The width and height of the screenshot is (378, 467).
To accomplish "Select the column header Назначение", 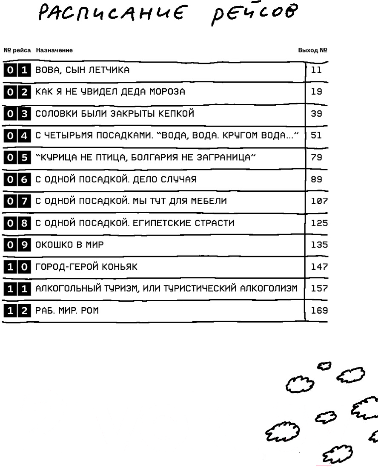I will (x=54, y=50).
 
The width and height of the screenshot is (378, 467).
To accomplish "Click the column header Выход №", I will (x=312, y=50).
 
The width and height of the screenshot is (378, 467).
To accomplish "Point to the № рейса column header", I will (x=17, y=50).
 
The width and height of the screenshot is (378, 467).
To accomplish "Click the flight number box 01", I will (x=17, y=70).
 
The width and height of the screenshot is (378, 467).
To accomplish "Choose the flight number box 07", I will (x=17, y=201).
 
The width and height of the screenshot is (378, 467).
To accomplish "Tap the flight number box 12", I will (x=17, y=311).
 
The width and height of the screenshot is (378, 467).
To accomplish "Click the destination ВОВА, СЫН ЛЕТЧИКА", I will (x=82, y=70).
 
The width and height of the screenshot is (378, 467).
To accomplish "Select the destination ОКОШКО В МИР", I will (x=69, y=245).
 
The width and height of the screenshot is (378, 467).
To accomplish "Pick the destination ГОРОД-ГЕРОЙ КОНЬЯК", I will (x=86, y=267).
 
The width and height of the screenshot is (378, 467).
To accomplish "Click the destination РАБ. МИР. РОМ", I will (x=67, y=311).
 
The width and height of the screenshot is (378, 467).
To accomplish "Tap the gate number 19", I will (x=317, y=92).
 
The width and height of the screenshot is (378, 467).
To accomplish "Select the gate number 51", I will (x=317, y=135).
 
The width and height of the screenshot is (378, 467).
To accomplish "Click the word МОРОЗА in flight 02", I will (x=166, y=92).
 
